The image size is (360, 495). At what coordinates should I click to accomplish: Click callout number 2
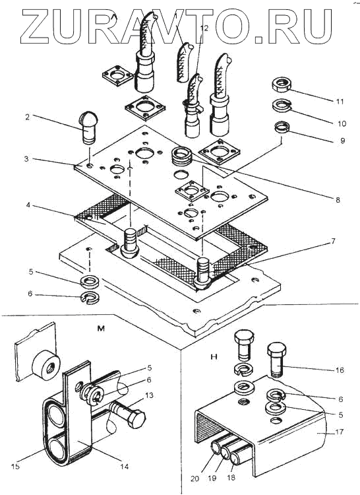[28, 117]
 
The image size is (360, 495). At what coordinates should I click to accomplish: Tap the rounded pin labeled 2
[88, 127]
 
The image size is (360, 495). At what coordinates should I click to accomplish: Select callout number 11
[340, 102]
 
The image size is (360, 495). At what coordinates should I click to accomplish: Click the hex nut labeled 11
[281, 84]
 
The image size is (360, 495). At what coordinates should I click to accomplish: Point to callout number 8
[338, 200]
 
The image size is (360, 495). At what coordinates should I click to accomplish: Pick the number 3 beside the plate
[26, 159]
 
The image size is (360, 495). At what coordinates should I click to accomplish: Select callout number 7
[333, 242]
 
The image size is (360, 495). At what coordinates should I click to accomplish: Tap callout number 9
[343, 140]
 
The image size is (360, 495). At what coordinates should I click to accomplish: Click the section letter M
[101, 329]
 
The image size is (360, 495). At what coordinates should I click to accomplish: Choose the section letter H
[214, 357]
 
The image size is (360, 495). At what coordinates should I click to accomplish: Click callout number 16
[340, 370]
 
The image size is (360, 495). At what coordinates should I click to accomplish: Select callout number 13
[149, 395]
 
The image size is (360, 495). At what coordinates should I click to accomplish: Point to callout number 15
[15, 466]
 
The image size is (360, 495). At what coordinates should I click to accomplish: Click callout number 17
[340, 432]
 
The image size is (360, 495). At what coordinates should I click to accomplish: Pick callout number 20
[195, 478]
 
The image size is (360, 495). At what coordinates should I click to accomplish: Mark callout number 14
[125, 466]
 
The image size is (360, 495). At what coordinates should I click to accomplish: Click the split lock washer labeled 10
[282, 106]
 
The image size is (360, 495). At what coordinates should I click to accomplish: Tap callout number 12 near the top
[204, 28]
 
